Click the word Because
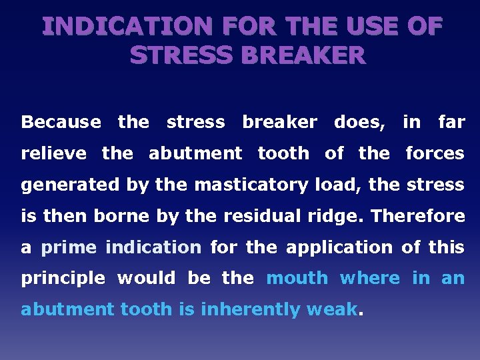click(x=61, y=122)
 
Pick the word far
click(x=451, y=122)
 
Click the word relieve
click(x=54, y=153)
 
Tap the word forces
click(x=435, y=153)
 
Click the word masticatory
click(x=251, y=185)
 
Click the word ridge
click(x=340, y=216)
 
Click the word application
click(x=339, y=247)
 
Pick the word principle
click(x=63, y=279)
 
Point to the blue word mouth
click(x=297, y=278)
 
